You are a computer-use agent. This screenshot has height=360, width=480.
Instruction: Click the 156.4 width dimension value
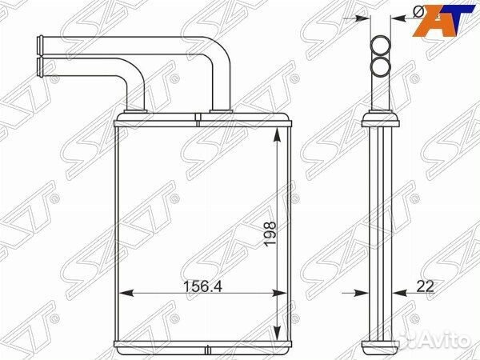pyautogui.click(x=202, y=286)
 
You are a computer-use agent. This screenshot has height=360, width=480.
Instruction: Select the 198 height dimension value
pyautogui.click(x=270, y=234)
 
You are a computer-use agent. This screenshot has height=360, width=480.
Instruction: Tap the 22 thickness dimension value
pyautogui.click(x=426, y=286)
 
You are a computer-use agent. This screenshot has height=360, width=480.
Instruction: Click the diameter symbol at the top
pyautogui.click(x=418, y=11)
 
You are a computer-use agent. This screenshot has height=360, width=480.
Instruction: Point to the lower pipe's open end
pyautogui.click(x=40, y=66)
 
